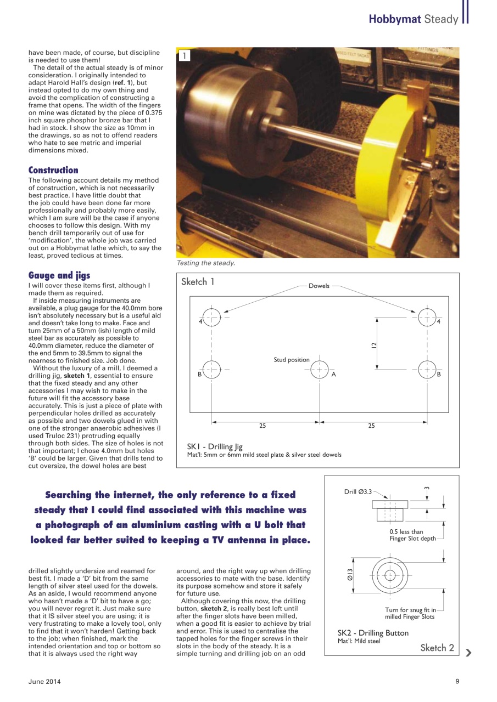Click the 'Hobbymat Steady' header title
pos(413,19)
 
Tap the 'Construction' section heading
pos(53,170)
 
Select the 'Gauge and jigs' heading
pos(59,275)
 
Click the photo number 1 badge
pos(185,55)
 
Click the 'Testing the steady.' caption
pos(205,263)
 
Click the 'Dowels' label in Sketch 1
pos(319,286)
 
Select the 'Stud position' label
pos(292,360)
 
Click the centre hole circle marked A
pos(319,370)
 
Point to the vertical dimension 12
pos(374,345)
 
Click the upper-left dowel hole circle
pos(212,317)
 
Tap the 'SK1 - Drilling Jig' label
pos(215,447)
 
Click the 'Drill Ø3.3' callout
pos(358,492)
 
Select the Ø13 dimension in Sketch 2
pos(349,575)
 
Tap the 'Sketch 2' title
pos(437,648)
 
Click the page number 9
pos(457,682)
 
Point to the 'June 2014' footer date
pos(44,682)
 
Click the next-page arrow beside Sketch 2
pos(468,653)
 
